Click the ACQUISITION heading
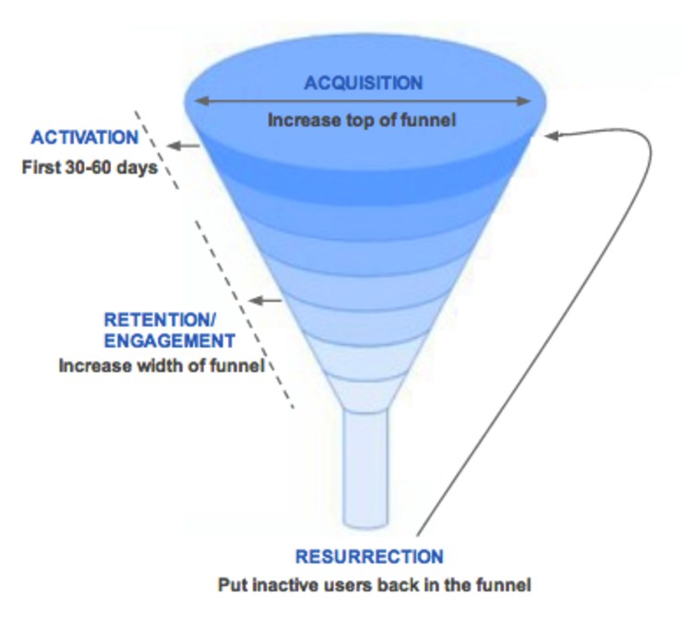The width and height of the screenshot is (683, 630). [364, 83]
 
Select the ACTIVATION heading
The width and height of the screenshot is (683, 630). [85, 137]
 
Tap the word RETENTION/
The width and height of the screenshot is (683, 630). [160, 320]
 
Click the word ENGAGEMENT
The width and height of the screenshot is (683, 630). [170, 340]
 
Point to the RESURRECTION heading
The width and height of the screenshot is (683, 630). [369, 556]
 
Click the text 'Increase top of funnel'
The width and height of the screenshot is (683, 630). [362, 120]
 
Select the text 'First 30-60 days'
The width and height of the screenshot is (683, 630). [90, 168]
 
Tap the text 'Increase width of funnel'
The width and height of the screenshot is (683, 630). [162, 365]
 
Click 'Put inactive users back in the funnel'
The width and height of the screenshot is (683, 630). [374, 585]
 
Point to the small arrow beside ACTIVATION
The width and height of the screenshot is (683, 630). [184, 146]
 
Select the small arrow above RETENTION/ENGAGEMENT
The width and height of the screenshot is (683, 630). [265, 300]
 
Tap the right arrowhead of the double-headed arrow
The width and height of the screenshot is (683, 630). [524, 101]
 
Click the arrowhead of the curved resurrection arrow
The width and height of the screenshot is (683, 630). [551, 136]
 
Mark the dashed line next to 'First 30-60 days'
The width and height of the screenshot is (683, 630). [156, 149]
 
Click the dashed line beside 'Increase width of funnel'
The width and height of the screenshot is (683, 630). [244, 315]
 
